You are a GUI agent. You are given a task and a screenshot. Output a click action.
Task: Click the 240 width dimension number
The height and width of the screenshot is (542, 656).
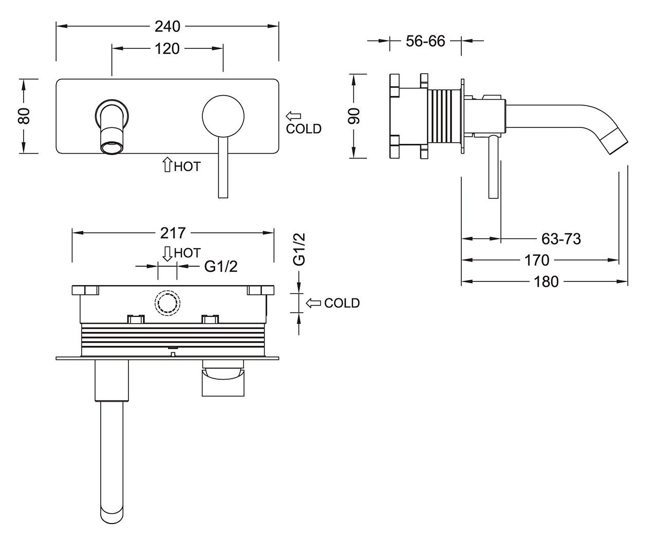(x=167, y=26)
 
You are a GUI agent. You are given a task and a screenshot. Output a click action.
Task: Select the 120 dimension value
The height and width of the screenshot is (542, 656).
(x=167, y=49)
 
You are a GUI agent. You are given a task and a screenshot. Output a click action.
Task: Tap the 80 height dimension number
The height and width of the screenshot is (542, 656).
(x=25, y=116)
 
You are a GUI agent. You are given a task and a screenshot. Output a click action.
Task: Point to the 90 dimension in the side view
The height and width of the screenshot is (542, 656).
(x=354, y=116)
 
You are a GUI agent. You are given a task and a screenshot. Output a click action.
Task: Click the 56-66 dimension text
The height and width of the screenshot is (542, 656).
(x=425, y=41)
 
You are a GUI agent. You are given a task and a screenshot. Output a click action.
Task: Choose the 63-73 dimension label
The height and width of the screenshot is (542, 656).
(x=561, y=239)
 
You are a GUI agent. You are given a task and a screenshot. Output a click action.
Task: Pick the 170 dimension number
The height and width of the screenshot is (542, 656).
(x=537, y=260)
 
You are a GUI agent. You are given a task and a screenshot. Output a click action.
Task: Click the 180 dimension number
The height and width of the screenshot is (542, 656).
(x=547, y=282)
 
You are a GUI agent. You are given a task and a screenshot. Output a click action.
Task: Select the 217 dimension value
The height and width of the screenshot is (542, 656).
(x=173, y=233)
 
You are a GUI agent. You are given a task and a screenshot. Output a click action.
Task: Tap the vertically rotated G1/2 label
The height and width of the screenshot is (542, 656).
(x=299, y=250)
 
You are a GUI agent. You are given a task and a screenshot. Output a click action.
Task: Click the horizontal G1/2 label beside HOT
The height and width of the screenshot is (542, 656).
(x=221, y=267)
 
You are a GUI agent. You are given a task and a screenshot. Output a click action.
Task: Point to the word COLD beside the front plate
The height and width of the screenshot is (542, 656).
(x=304, y=129)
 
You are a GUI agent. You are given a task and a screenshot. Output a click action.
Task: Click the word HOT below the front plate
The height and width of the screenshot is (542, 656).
(x=188, y=166)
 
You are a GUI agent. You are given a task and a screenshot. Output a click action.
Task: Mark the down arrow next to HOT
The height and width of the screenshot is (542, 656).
(x=167, y=254)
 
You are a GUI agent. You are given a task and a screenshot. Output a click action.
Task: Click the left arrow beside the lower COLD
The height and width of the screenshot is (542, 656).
(x=313, y=303)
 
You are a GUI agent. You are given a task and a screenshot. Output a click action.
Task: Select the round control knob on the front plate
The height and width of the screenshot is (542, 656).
(x=223, y=116)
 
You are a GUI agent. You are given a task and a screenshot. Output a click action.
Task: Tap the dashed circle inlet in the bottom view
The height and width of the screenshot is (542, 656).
(x=167, y=303)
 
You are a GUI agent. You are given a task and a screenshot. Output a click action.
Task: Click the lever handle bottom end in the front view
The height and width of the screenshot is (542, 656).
(x=223, y=197)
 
